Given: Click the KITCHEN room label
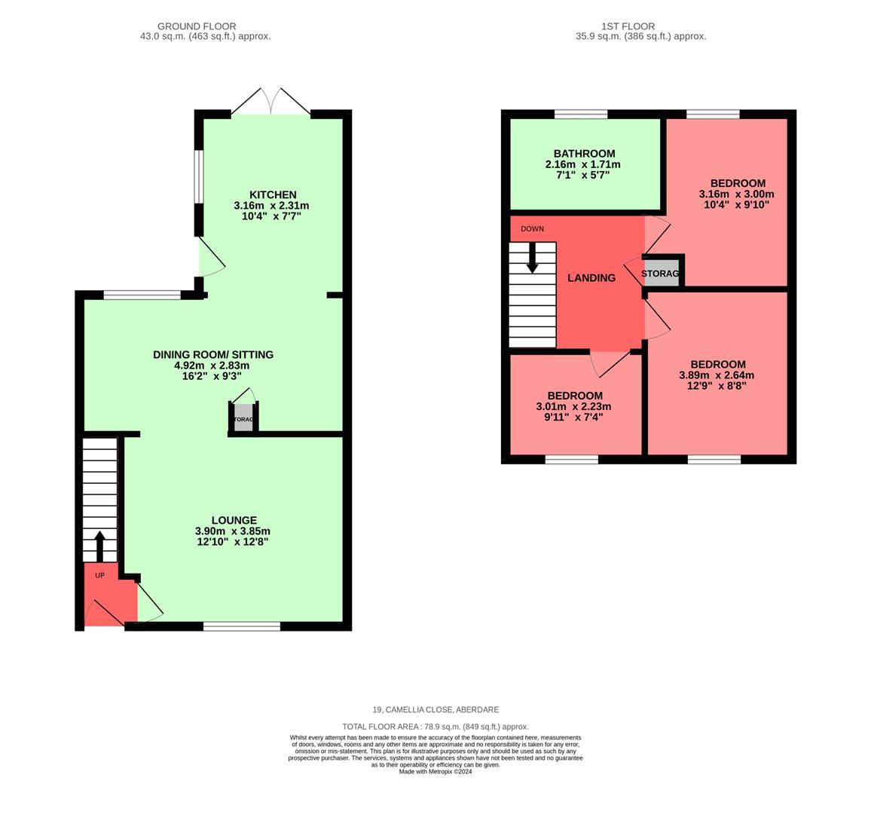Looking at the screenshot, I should pyautogui.click(x=273, y=194).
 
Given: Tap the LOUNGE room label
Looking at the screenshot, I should pyautogui.click(x=234, y=520).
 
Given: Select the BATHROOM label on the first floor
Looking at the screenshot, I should pyautogui.click(x=584, y=154).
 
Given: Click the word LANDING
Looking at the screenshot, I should pyautogui.click(x=591, y=278).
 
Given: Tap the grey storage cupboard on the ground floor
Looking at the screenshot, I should pyautogui.click(x=243, y=418).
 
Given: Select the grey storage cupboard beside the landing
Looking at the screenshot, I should pyautogui.click(x=661, y=274).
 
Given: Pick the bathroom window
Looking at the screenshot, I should pyautogui.click(x=581, y=115).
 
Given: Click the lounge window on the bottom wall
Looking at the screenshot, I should pyautogui.click(x=241, y=626).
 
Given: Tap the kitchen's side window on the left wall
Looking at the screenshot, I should pyautogui.click(x=198, y=177).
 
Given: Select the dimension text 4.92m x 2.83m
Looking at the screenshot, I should pyautogui.click(x=212, y=366).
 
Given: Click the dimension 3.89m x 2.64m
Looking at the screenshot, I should pyautogui.click(x=716, y=375).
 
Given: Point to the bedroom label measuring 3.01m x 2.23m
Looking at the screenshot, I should pyautogui.click(x=574, y=396).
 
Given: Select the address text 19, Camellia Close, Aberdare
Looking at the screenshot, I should pyautogui.click(x=436, y=710).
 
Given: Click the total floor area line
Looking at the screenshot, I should pyautogui.click(x=436, y=727).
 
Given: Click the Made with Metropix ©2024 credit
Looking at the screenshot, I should pyautogui.click(x=436, y=772).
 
